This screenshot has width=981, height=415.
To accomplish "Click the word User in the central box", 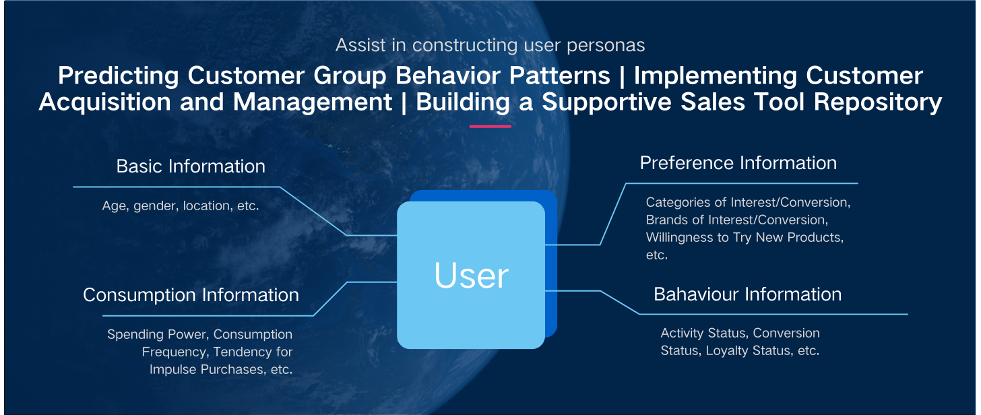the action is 471,276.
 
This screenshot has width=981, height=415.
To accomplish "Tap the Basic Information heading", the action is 191,166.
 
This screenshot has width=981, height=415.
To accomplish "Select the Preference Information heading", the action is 738,163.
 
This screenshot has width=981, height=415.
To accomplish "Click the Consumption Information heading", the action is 191,295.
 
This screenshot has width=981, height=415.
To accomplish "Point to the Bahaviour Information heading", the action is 748,294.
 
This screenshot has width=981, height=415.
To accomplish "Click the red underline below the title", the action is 490,127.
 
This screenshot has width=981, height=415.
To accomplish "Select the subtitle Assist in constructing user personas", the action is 490,45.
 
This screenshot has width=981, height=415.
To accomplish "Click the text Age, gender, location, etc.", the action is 181,205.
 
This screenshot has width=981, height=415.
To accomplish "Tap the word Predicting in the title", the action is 119,75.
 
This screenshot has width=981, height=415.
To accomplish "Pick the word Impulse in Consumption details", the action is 172,369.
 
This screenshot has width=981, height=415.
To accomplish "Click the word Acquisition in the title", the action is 104,102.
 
